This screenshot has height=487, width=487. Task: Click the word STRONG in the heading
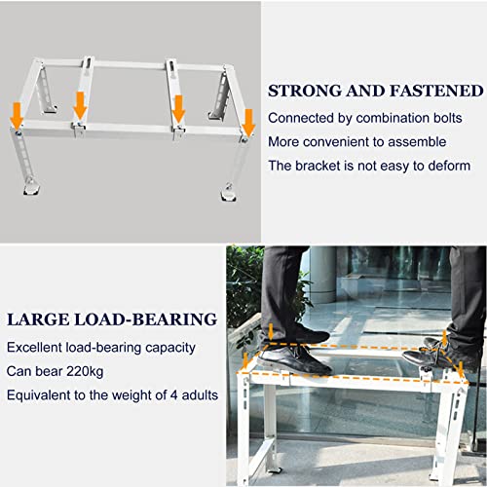coord(305,91)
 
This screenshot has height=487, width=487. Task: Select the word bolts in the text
coord(448,118)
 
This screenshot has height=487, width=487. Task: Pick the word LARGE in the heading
coord(38,319)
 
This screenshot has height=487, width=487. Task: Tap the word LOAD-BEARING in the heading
coord(146,319)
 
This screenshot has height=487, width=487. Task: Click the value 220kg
coord(85,371)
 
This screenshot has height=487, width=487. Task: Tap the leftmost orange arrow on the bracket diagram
coord(17,115)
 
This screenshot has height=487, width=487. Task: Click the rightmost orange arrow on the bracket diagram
coord(249,123)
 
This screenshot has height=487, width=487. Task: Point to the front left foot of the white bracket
coord(31,188)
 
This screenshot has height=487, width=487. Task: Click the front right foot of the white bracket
coord(229,193)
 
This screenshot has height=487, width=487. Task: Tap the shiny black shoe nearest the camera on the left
coord(294,359)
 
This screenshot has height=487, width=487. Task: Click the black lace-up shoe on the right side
coord(431,355)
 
